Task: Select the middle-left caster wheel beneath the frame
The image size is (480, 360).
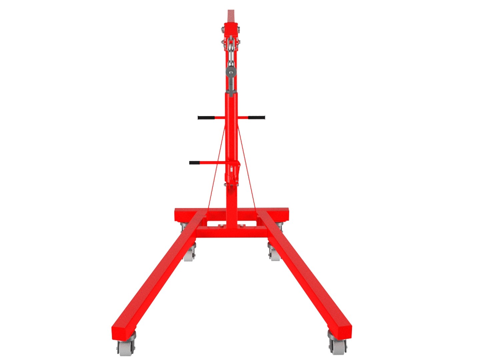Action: coord(189,255)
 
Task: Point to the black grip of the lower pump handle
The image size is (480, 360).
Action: coord(195,163)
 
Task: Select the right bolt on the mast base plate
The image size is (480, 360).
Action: coord(241,226)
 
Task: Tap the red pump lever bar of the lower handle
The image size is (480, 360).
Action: coord(213,163)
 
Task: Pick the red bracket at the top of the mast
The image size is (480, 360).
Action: coord(231,30)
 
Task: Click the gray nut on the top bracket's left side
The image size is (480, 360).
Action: coord(222,32)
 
